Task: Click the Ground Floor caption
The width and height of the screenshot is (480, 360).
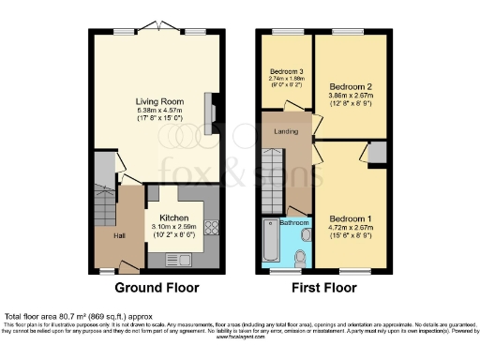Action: pyautogui.click(x=154, y=288)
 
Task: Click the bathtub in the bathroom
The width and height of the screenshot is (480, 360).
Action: pyautogui.click(x=271, y=246)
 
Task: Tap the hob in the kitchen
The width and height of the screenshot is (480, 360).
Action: pyautogui.click(x=211, y=228)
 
